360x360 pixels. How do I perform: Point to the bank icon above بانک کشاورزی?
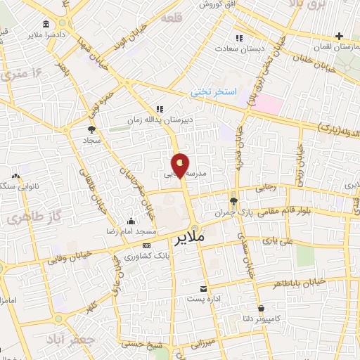[146, 245]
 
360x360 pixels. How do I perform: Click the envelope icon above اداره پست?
[204, 289]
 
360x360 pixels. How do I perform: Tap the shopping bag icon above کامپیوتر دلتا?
[262, 308]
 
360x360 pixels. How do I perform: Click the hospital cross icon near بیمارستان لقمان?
[340, 36]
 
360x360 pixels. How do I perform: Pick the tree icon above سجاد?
[91, 129]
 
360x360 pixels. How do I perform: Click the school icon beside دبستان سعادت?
[239, 38]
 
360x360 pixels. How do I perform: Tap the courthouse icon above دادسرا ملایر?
[46, 23]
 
